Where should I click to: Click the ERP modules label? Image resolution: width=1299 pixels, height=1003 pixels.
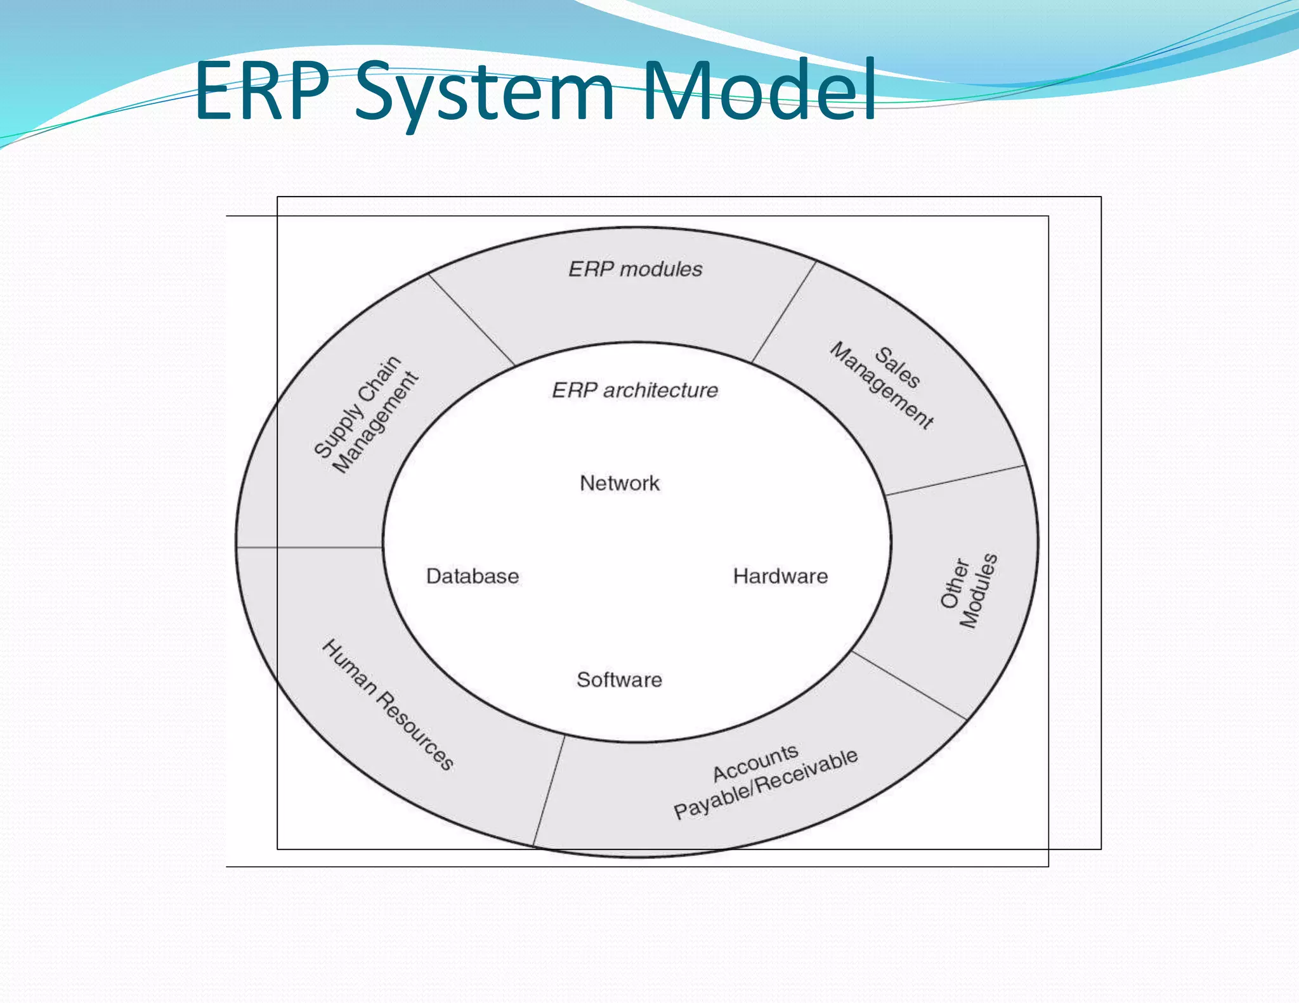635,269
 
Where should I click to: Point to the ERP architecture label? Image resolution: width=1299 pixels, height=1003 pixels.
635,390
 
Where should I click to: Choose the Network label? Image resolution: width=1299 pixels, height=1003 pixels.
620,483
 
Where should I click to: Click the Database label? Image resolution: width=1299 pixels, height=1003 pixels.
473,576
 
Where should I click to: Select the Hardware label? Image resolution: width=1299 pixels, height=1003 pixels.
780,576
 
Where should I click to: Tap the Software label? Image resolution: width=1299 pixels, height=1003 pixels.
619,680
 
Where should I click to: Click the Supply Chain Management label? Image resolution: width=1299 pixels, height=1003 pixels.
367,415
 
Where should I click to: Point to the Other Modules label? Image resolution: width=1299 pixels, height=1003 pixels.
969,591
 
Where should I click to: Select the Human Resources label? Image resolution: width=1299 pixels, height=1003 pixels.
388,705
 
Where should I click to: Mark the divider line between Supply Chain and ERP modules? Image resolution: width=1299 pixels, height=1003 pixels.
471,320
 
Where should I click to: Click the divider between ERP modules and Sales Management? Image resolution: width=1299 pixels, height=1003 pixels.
784,312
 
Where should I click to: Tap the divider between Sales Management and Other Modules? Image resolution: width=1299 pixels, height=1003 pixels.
955,480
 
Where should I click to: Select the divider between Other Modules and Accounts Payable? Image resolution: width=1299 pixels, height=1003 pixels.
909,685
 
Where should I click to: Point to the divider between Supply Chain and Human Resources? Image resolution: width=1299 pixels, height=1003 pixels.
310,547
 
